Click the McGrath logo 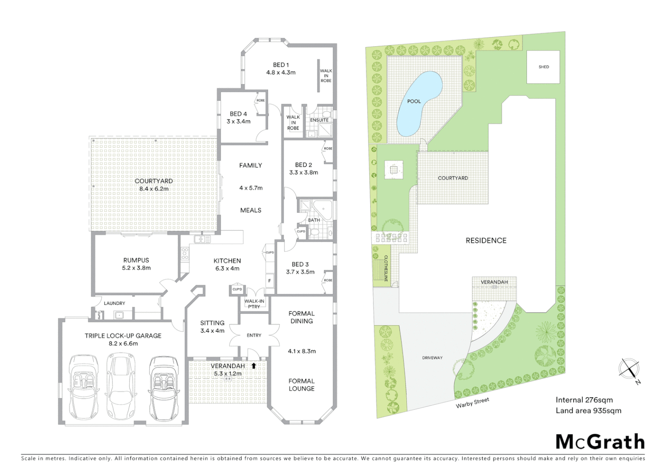point(600,442)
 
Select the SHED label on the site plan point(543,67)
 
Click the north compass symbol point(629,369)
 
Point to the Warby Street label point(472,403)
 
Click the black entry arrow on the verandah point(254,366)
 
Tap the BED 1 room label point(281,65)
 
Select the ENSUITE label point(319,120)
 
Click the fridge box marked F point(270,280)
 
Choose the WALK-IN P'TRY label point(254,304)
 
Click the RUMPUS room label point(136,260)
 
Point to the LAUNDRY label point(114,303)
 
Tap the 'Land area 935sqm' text point(588,410)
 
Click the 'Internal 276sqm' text point(584,400)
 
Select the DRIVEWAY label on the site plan point(432,358)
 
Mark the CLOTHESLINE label point(386,268)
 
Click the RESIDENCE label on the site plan point(486,240)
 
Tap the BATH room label point(314,220)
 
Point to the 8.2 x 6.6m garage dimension point(123,344)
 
